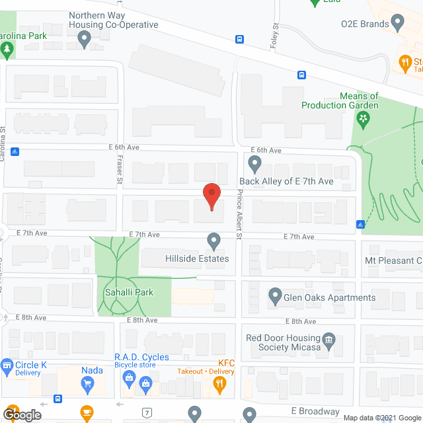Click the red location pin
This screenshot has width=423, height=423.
coord(211,196)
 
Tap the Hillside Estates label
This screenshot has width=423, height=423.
coord(197,258)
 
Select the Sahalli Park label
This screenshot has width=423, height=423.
coord(120,292)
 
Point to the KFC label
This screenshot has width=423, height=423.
coord(227,362)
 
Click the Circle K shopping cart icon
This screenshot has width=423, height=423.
coord(7,365)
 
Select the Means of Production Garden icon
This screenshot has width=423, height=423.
coord(362,119)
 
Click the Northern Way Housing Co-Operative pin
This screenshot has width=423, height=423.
coord(84,40)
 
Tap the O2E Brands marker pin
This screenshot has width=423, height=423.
coord(397,24)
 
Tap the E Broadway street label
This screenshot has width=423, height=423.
coord(318,412)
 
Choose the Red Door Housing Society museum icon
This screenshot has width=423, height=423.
coord(329,342)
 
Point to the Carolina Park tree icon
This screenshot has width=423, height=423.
coord(7,49)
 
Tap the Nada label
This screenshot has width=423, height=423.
coord(92,370)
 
